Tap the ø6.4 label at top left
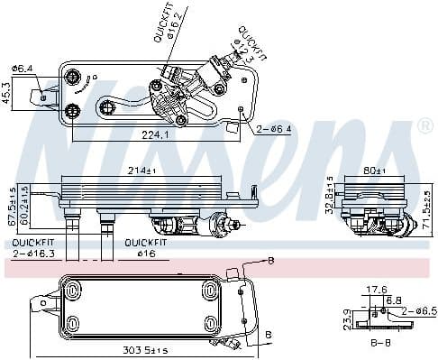[23, 68]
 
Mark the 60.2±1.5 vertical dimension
[25, 205]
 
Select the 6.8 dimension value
[393, 300]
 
